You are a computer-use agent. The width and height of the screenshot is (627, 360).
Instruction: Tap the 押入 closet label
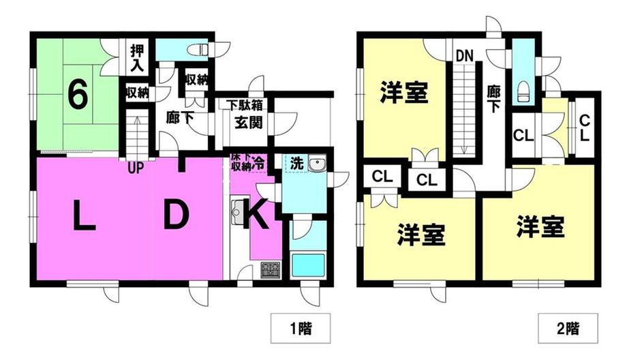pyautogui.click(x=136, y=59)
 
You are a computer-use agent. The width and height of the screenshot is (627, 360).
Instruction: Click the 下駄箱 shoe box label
pyautogui.click(x=246, y=106)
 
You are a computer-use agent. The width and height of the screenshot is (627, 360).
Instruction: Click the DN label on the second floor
pyautogui.click(x=465, y=54)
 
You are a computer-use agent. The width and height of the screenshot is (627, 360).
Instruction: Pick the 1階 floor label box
pyautogui.click(x=295, y=327)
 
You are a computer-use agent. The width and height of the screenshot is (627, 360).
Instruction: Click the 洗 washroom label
pyautogui.click(x=296, y=164)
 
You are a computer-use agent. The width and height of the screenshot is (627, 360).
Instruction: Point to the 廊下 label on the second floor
pyautogui.click(x=494, y=97)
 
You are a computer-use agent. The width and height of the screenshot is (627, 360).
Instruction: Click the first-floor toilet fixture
pyautogui.click(x=199, y=50)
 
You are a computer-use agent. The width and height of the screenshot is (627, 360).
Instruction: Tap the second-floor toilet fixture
pyautogui.click(x=523, y=89)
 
